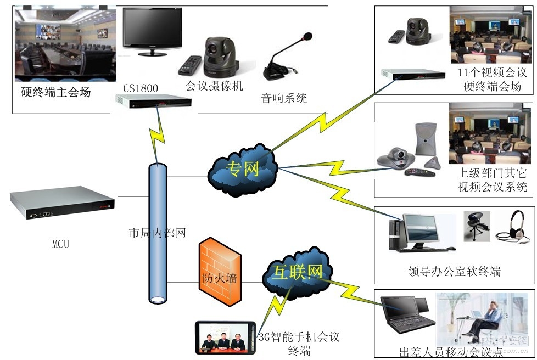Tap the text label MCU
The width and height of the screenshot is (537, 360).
click(60, 244)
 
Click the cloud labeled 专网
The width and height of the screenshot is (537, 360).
click(243, 168)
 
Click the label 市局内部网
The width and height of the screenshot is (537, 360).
click(157, 233)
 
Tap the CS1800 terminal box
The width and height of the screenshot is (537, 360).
click(153, 102)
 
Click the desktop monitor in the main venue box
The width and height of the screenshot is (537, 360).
click(152, 31)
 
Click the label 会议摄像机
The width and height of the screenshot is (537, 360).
click(214, 86)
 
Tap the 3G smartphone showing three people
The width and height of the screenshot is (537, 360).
click(225, 337)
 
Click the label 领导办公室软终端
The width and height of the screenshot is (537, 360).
click(454, 271)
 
